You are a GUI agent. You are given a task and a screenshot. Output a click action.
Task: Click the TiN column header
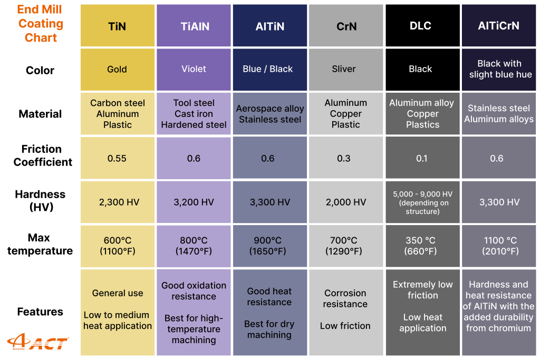coord(117,26)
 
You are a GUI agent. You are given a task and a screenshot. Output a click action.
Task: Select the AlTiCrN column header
coord(498,26)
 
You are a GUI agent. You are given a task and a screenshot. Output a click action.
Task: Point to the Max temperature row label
coord(40,244)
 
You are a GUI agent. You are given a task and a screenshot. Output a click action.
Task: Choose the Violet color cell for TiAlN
coord(194,69)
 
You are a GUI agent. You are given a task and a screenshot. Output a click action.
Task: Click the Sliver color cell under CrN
coord(345,69)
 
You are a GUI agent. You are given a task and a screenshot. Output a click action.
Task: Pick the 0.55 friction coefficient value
coord(117,158)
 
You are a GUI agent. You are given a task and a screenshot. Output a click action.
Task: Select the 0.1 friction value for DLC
coord(422,158)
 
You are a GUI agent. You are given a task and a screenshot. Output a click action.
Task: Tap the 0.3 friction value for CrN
coord(345,158)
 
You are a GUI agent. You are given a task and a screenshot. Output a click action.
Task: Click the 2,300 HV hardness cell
coord(117,202)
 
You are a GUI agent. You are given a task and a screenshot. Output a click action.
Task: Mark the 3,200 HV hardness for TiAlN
coord(194,202)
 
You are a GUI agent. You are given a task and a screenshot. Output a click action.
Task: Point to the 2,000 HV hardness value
coord(345,202)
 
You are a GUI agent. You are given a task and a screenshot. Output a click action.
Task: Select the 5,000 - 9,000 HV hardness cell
coord(422,202)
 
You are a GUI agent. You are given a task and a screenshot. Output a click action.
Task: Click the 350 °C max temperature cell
coord(422,246)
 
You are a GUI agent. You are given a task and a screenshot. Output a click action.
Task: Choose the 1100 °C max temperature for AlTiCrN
coord(498,246)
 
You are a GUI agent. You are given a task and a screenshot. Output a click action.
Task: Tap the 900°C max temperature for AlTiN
coord(269,246)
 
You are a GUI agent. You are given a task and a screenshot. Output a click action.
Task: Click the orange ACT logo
coord(37,343)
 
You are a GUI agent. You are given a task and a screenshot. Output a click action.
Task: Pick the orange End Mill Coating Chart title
coord(41,24)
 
